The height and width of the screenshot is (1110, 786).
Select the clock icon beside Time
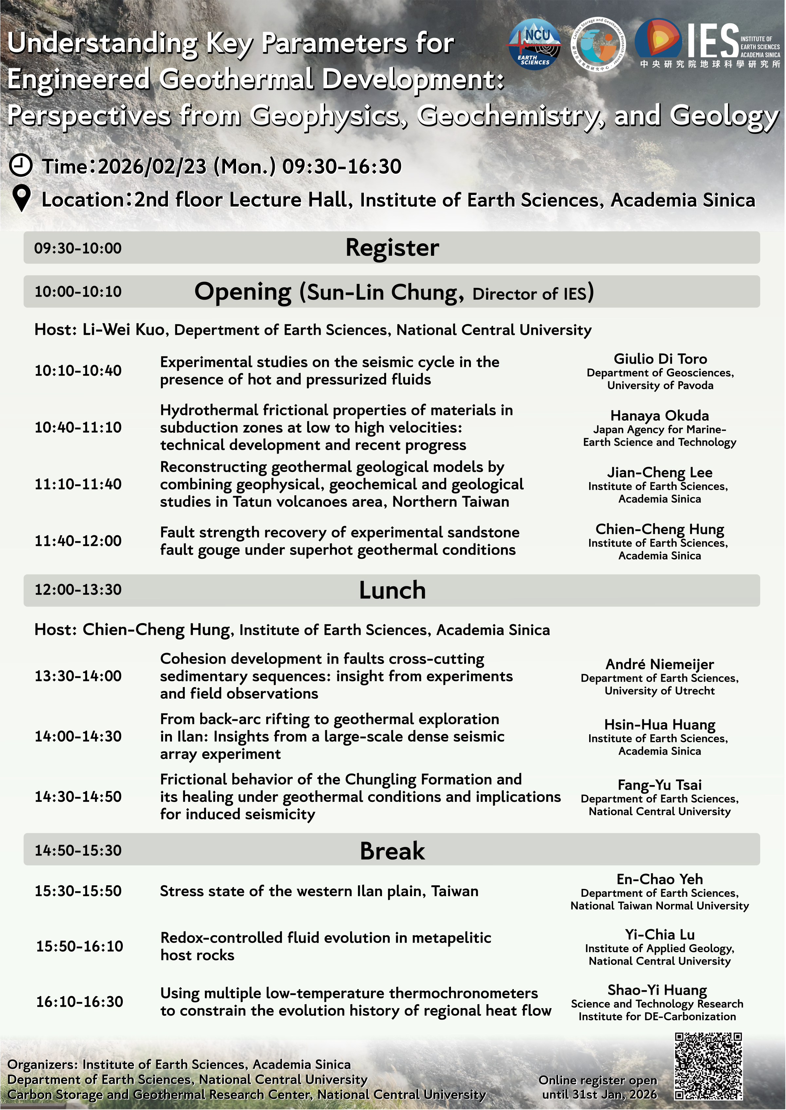(20, 165)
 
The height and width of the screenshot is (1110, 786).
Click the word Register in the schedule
(392, 248)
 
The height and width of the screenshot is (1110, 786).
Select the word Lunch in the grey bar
(392, 591)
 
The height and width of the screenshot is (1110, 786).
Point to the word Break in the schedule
(392, 851)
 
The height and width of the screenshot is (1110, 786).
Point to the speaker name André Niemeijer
(659, 664)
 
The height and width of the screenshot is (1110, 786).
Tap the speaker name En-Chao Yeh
(659, 879)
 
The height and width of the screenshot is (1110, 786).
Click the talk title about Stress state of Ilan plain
(319, 891)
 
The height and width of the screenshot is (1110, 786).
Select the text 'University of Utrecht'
(659, 691)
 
